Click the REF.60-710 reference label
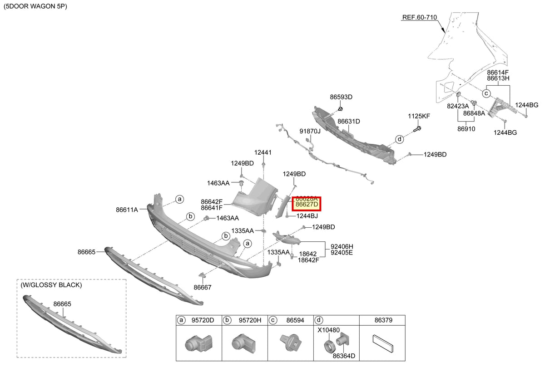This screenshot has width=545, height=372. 420,17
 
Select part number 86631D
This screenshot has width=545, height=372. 349,121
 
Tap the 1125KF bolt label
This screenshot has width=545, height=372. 419,116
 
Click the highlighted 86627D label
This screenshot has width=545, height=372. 307,204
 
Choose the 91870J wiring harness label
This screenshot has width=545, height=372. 310,131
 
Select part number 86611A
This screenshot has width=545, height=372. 127,210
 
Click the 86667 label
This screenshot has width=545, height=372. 203,288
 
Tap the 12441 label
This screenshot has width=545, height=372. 263,152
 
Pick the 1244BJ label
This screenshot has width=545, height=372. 307,216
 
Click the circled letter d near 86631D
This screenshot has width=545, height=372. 399,139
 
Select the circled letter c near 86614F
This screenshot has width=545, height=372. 486,93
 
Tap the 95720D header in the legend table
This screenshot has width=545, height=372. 203,320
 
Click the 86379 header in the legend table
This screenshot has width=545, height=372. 383,320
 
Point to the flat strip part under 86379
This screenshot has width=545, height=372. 383,343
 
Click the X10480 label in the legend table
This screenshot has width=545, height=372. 328,330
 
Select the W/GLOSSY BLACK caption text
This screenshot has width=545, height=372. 51,285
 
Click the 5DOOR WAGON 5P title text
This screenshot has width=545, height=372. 35,6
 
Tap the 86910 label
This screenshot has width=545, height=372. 466,129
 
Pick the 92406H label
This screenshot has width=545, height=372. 342,247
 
